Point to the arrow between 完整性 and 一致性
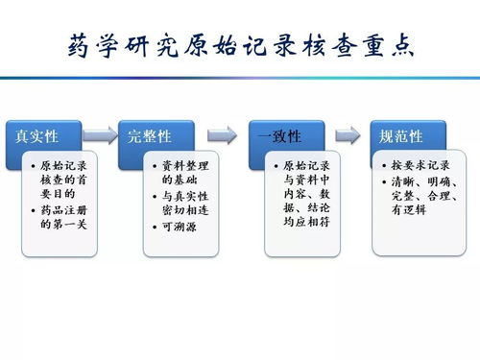click(221, 135)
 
